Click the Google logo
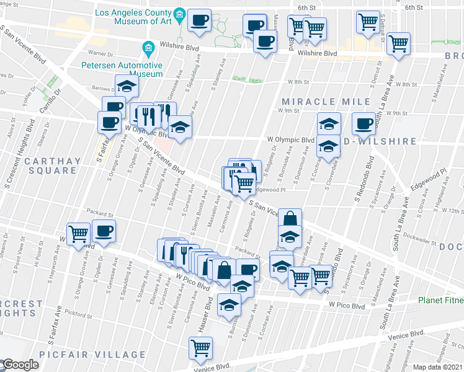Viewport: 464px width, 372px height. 20,365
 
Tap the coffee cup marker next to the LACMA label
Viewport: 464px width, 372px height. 200,20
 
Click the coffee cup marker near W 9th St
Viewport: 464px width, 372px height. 363,123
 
